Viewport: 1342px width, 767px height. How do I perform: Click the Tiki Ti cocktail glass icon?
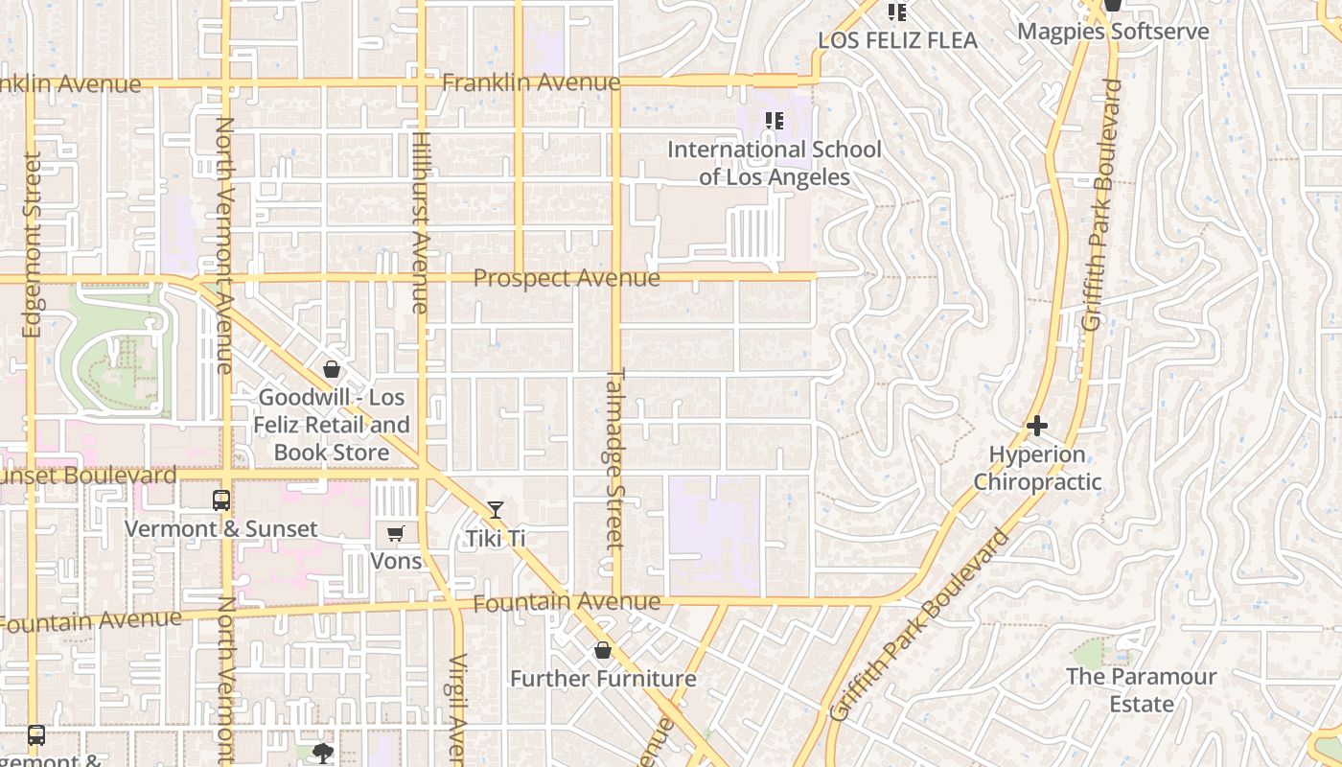495,510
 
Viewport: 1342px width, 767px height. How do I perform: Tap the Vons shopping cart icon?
395,534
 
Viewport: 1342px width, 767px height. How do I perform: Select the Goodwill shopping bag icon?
332,369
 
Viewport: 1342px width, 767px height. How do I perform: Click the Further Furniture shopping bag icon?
603,651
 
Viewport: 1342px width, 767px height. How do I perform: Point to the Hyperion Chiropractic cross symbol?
1036,426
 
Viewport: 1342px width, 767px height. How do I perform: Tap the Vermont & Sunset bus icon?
221,500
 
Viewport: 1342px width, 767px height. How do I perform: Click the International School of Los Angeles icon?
774,121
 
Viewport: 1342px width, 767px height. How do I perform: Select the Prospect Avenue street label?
567,278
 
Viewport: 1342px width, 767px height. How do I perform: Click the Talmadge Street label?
615,458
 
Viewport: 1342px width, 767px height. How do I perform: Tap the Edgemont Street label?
32,244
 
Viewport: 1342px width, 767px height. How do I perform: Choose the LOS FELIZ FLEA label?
897,40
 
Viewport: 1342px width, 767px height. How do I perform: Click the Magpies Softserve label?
1113,32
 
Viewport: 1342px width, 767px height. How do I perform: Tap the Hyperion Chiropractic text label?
1037,468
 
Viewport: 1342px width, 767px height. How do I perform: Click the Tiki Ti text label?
496,539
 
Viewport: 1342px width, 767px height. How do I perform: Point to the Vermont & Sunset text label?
221,529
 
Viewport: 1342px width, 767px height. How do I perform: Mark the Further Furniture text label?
603,679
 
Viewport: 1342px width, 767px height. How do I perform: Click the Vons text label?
396,561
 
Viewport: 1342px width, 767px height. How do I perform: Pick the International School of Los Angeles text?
775,163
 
